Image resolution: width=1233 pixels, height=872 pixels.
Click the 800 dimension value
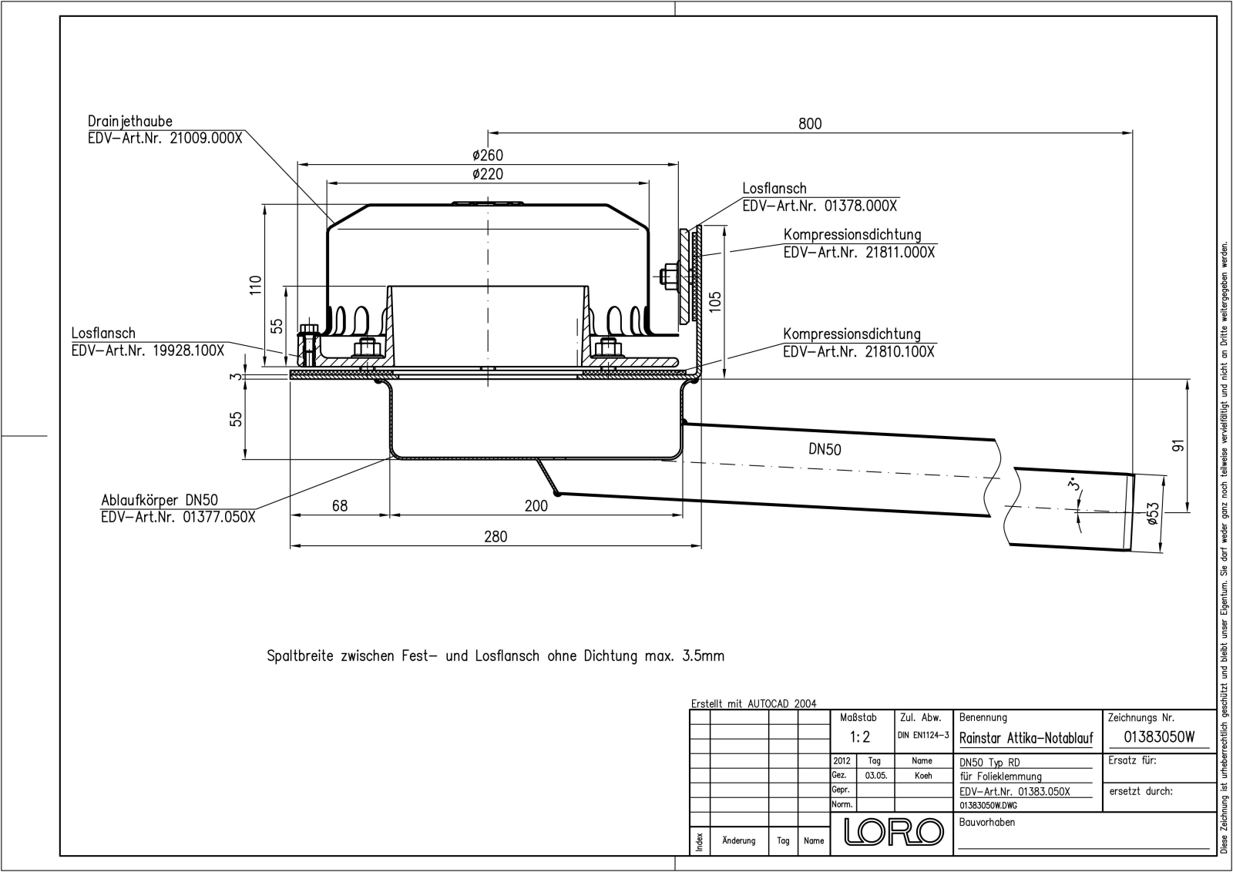coord(810,124)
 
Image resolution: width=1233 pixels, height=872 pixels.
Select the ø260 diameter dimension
coord(488,155)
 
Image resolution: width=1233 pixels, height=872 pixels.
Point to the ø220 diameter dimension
coord(488,174)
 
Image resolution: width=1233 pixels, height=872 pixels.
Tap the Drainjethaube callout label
coord(130,121)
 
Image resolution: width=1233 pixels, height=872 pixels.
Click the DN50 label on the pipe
coord(825,449)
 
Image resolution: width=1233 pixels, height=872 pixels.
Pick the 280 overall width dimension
coord(496,537)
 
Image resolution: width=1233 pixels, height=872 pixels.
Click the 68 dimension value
coord(340,505)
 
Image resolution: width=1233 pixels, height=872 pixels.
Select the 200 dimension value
coord(536,505)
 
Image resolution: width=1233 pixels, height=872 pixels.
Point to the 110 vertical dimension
coord(255,285)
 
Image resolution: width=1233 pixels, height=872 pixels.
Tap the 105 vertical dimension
coord(714,301)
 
